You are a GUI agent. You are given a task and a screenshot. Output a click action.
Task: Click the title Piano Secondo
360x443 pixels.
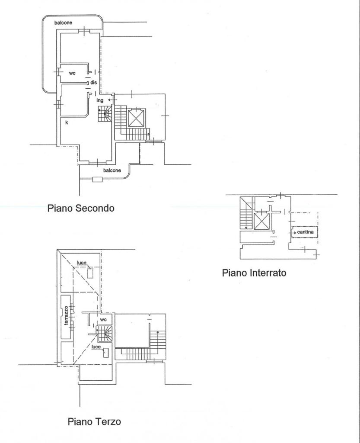81,208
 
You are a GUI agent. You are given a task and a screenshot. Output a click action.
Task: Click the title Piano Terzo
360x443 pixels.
94,421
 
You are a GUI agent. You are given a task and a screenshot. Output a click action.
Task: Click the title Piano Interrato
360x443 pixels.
254,273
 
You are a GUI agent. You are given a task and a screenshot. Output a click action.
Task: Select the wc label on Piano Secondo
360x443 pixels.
72,73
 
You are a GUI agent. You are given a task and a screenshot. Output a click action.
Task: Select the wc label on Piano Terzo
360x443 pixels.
103,319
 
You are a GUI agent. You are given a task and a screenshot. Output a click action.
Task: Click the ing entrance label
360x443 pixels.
100,100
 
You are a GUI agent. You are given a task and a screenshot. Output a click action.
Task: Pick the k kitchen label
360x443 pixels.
67,122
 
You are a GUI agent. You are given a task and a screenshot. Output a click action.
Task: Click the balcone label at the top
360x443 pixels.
63,22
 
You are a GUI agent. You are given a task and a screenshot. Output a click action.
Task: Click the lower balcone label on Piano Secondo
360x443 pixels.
112,170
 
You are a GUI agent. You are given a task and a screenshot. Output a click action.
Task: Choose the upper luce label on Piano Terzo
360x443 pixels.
82,263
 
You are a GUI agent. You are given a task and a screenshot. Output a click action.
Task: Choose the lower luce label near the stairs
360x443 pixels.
96,347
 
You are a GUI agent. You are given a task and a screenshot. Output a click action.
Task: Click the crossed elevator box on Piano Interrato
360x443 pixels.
261,221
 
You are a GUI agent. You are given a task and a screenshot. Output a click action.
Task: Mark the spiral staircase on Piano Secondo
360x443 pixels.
105,115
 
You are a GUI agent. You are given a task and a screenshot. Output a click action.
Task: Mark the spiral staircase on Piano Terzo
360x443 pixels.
104,333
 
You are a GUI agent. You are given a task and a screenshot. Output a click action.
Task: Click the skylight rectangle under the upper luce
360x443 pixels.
90,273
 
